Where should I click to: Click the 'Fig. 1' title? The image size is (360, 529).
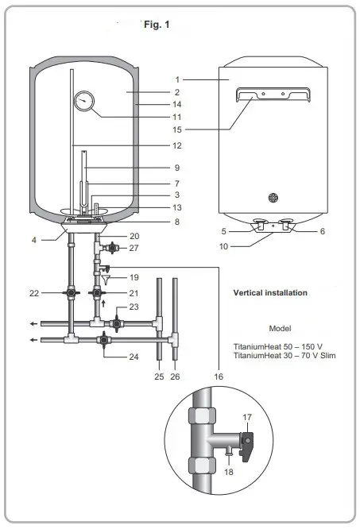[157, 25]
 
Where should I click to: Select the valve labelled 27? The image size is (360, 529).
[113, 247]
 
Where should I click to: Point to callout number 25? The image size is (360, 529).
[158, 374]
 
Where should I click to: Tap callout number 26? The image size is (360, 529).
[175, 374]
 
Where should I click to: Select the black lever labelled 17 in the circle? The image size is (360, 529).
[249, 437]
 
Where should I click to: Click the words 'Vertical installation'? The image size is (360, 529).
[269, 292]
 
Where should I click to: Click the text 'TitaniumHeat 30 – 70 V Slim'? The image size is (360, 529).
[284, 355]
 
